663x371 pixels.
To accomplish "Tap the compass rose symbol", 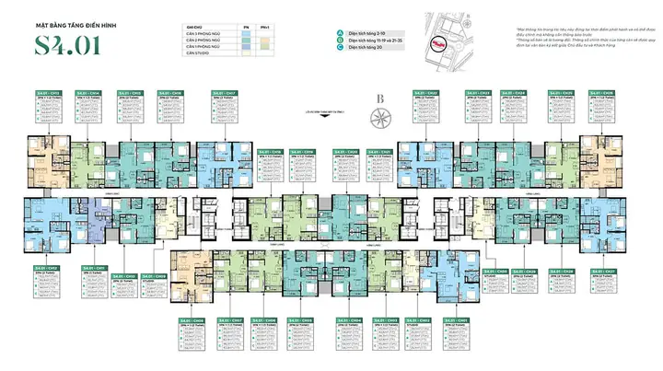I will pos(379,118).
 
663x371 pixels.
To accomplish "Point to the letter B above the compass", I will pos(379,99).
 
